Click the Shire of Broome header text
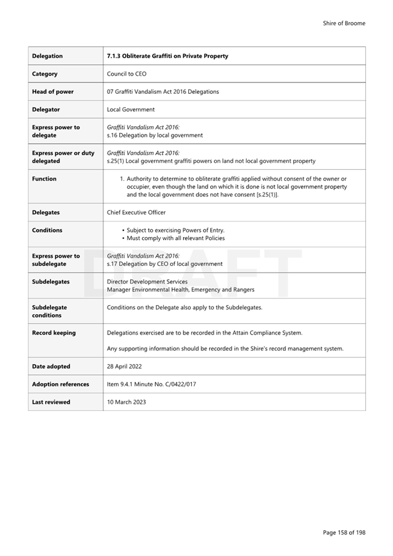tap(344, 23)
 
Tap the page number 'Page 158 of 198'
tap(344, 532)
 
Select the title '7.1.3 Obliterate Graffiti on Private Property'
tap(167, 56)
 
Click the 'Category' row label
tap(45, 74)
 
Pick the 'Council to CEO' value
tap(126, 74)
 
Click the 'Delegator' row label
tap(46, 110)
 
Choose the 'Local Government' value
tap(131, 110)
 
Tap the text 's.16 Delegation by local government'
tap(155, 135)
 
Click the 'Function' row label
tap(44, 179)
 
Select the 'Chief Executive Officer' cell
tap(136, 212)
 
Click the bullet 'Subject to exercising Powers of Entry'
tap(175, 230)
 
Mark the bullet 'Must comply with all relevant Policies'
tap(176, 238)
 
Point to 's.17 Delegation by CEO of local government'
tap(164, 264)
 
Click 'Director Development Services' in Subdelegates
tap(147, 282)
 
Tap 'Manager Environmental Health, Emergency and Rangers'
tap(181, 289)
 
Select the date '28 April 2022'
tap(125, 366)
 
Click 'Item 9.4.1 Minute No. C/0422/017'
tap(155, 384)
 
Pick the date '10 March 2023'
tap(126, 402)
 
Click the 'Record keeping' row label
tap(54, 333)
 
